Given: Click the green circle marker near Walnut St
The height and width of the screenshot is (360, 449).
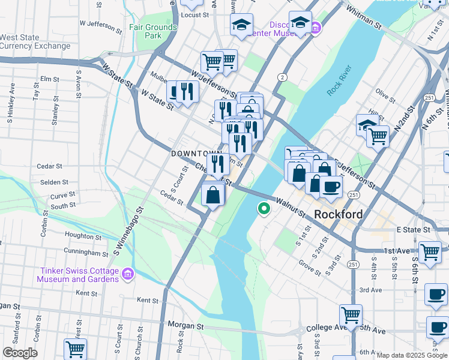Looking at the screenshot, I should pos(263,209).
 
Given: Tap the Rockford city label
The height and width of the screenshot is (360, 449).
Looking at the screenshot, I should pos(339,214).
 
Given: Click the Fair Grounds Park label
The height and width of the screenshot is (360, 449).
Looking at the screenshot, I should pos(153,31).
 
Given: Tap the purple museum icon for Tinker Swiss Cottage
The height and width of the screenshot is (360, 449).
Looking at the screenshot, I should pos(127,274).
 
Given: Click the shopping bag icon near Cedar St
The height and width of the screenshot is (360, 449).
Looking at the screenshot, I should pos(213,194).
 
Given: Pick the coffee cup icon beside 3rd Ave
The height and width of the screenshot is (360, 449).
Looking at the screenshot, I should pos(436,293).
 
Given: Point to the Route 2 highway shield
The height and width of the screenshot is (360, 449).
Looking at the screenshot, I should pos(281,77).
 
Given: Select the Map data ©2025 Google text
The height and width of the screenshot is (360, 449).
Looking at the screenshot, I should pos(412,355).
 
